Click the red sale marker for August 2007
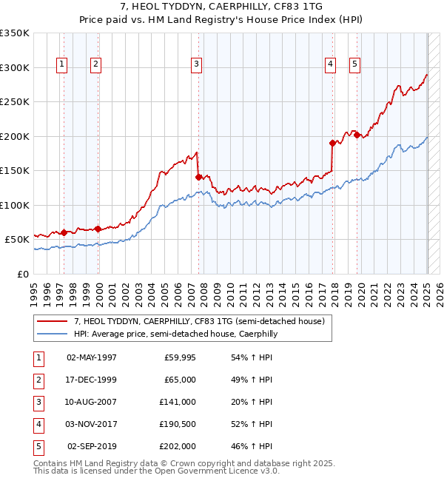[198, 177]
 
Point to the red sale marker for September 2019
[357, 135]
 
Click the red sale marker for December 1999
[98, 229]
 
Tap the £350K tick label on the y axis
[15, 33]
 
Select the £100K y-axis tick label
[15, 205]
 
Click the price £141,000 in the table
[178, 402]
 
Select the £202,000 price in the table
[178, 446]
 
